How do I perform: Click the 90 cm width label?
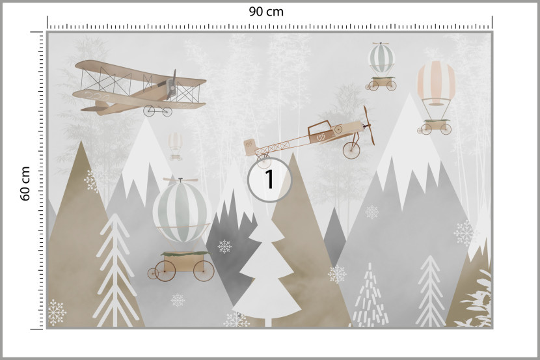[266, 12]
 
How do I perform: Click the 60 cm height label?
[25, 184]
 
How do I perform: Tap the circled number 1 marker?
[269, 180]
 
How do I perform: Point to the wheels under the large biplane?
[157, 111]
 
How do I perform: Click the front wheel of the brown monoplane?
[351, 150]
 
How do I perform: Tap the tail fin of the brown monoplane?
[250, 146]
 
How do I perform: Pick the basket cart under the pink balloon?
[434, 127]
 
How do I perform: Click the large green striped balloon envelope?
[182, 212]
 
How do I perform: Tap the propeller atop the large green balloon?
[180, 180]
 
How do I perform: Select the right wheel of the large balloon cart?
[204, 271]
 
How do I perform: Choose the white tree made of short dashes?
[370, 296]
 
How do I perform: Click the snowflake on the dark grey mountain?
[224, 246]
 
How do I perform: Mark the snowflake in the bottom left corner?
[57, 312]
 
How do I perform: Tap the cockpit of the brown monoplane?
[319, 129]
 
